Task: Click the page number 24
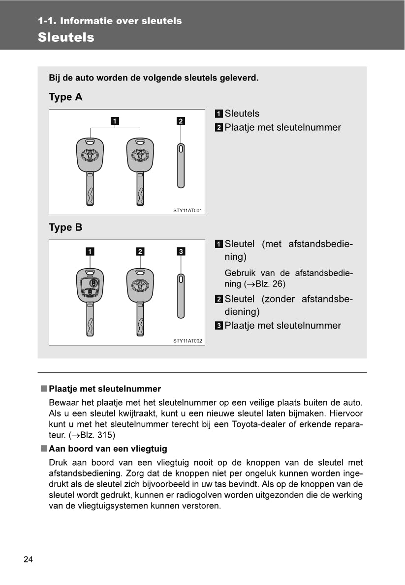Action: [28, 559]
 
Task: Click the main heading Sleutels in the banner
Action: [66, 37]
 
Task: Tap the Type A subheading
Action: [65, 97]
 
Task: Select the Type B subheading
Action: [65, 228]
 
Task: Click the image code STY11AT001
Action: [187, 210]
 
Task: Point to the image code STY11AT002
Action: [187, 340]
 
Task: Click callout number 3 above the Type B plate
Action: [181, 252]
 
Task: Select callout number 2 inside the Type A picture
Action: [181, 121]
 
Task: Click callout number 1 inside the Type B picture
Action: [90, 252]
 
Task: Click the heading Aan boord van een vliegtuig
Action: [108, 448]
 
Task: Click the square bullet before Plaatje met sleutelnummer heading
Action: [44, 389]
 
